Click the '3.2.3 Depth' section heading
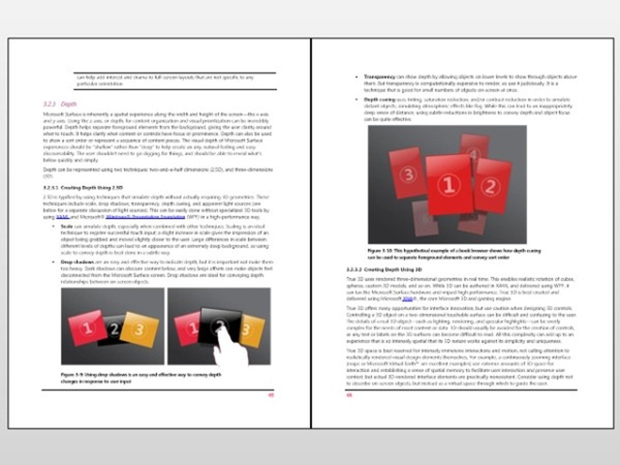(60, 104)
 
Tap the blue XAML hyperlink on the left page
(62, 218)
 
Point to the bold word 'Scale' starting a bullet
(66, 226)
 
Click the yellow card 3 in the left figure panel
(139, 330)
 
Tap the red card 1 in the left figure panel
(87, 327)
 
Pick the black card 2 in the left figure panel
(115, 330)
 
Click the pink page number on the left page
(271, 396)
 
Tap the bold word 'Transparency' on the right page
(380, 77)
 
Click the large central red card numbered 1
(449, 184)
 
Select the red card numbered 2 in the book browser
(492, 185)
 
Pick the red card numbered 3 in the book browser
(409, 174)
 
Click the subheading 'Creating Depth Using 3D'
(384, 270)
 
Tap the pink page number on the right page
(349, 396)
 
